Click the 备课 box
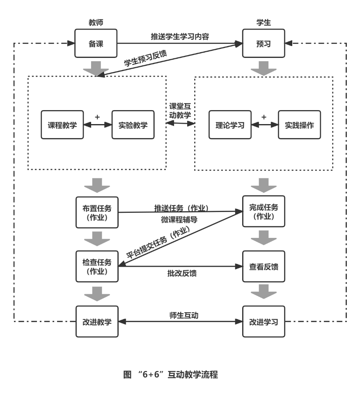tap(96, 43)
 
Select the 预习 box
tap(264, 43)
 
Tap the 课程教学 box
tap(62, 125)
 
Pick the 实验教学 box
tap(133, 125)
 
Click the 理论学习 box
tap(230, 125)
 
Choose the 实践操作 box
tap(299, 125)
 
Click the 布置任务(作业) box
tap(97, 212)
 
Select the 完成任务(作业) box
tap(264, 211)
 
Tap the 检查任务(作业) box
tap(97, 266)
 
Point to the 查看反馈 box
tap(264, 266)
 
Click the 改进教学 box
tap(97, 321)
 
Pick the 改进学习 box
tap(264, 321)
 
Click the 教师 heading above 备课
tap(96, 23)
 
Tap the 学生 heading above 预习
tap(264, 23)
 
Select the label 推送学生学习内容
tap(180, 37)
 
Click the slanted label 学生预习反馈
tap(145, 58)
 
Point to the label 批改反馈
tap(182, 273)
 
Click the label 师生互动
tap(184, 315)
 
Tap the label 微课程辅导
tap(179, 220)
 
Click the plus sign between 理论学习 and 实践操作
tap(264, 117)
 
